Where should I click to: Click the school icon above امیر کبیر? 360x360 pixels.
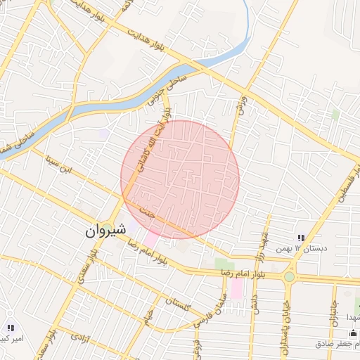click(10, 328)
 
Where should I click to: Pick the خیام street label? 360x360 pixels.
click(148, 319)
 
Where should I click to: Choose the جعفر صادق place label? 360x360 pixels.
click(337, 344)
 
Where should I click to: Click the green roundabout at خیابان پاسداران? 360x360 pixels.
click(290, 276)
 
